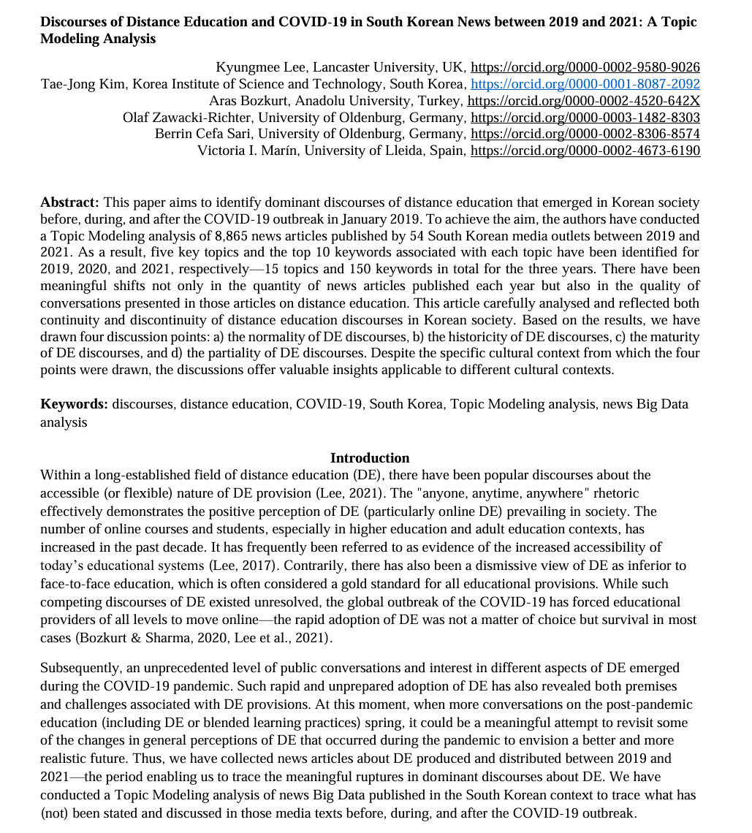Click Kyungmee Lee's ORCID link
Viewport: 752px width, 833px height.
(585, 68)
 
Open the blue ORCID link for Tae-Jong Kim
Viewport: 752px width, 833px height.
(585, 85)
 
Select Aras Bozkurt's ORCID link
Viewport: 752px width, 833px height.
(583, 101)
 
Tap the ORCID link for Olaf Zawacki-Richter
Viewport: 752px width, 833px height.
(585, 118)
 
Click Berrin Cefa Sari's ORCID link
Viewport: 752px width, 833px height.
(585, 134)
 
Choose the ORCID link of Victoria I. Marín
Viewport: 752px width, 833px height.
(585, 151)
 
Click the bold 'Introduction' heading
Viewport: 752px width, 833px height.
(370, 458)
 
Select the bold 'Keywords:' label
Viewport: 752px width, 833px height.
(74, 404)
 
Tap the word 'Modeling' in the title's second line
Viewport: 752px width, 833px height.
(69, 39)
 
